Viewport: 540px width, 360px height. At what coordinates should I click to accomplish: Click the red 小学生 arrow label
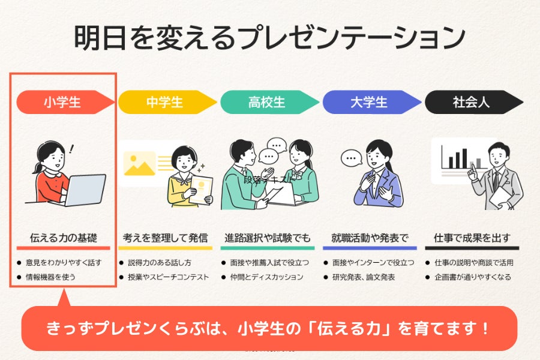pyautogui.click(x=62, y=103)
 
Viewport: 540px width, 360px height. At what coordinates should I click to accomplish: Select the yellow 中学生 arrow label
pyautogui.click(x=165, y=103)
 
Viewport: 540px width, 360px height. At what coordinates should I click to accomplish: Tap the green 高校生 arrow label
pyautogui.click(x=267, y=103)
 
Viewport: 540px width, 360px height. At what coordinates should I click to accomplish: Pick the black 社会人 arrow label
pyautogui.click(x=471, y=103)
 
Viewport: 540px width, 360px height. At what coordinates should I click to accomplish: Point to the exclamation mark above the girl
pyautogui.click(x=73, y=148)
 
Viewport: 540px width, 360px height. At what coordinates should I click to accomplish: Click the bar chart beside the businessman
pyautogui.click(x=460, y=157)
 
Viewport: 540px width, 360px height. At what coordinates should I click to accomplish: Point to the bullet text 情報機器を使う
pyautogui.click(x=50, y=277)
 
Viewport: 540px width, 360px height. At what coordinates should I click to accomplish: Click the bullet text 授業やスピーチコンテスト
pyautogui.click(x=168, y=277)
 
